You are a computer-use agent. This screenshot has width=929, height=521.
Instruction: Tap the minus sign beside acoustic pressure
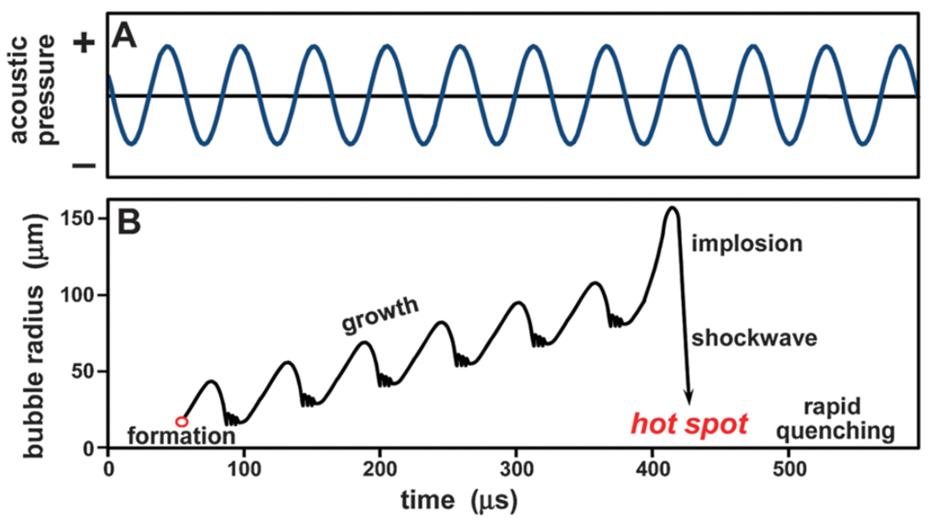click(84, 166)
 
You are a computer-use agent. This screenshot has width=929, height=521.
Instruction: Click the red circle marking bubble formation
click(182, 421)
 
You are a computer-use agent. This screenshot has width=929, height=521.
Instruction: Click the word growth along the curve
click(380, 316)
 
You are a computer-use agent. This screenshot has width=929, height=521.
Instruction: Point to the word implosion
click(747, 244)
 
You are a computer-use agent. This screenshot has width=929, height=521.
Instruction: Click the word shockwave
click(754, 339)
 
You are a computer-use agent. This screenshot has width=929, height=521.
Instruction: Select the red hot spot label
click(689, 424)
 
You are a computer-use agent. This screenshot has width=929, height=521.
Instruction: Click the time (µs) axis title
click(459, 501)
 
